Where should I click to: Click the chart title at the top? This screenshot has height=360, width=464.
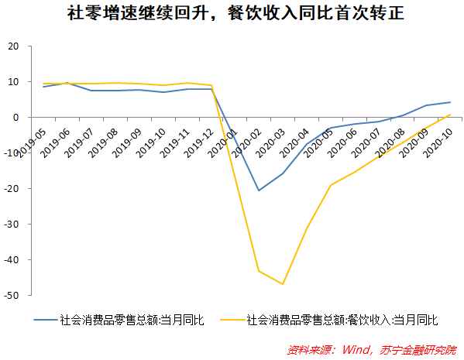[232, 13]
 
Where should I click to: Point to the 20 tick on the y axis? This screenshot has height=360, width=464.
[13, 46]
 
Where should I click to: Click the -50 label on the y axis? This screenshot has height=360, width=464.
[12, 296]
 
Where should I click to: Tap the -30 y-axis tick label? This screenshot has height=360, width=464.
[12, 225]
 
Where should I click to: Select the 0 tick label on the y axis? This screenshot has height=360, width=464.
[16, 117]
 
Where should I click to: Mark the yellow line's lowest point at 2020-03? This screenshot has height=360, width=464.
[283, 284]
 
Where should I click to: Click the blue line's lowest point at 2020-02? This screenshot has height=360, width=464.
[259, 190]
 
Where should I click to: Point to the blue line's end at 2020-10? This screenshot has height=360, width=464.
[450, 102]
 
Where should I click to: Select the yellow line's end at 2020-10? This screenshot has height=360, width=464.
[450, 115]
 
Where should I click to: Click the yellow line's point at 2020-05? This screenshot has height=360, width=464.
[331, 185]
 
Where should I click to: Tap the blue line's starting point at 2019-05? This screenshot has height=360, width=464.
[43, 87]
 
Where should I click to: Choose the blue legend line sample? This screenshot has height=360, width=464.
[46, 319]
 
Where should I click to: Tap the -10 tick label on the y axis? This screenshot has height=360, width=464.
[12, 153]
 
